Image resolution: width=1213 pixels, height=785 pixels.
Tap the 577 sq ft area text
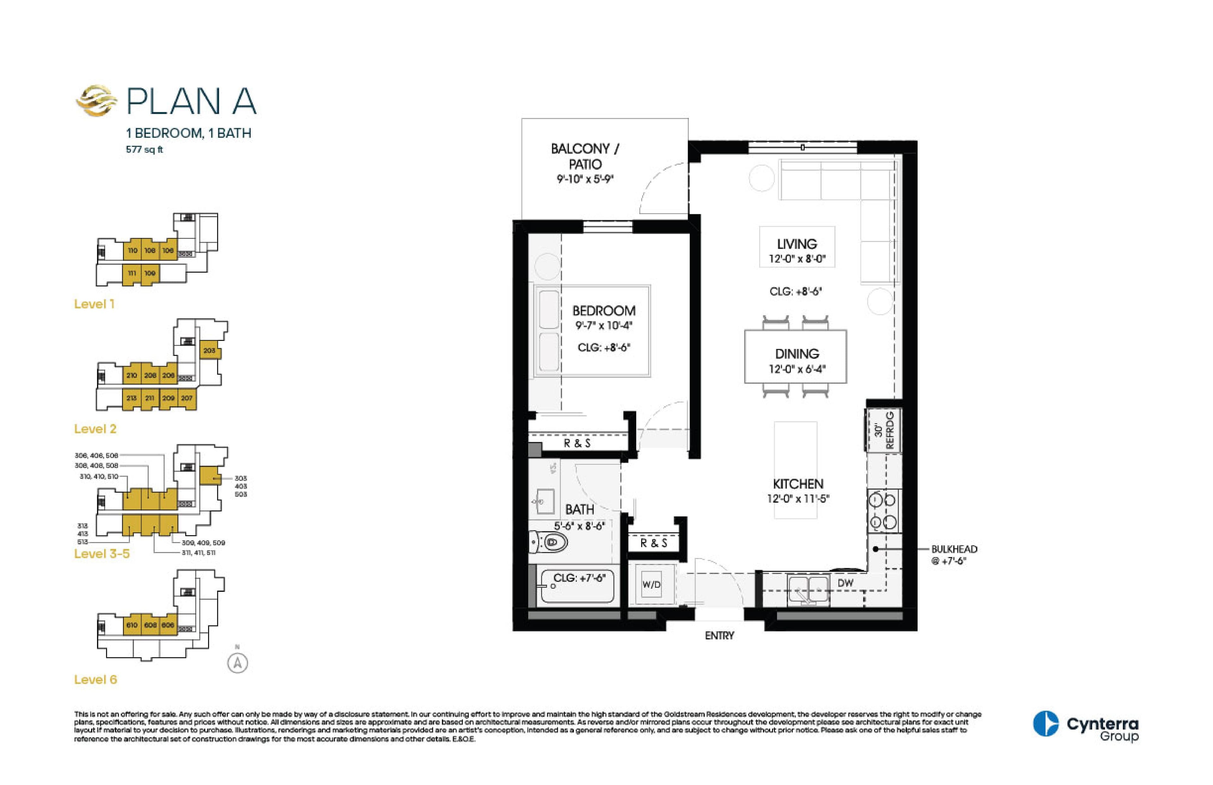144,150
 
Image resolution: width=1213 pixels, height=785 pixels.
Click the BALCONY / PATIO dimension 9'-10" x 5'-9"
585,179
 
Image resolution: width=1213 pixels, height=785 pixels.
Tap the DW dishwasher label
845,583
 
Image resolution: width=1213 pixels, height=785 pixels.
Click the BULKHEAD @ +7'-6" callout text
954,555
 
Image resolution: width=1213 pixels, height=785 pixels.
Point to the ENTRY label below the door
719,636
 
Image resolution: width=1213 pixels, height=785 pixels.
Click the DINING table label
797,354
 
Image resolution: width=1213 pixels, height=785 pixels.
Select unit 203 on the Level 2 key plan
209,351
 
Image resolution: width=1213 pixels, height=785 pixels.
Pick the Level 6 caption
95,679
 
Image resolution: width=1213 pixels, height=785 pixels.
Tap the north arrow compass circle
238,663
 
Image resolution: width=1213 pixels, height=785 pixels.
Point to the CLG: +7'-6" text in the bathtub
579,578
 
